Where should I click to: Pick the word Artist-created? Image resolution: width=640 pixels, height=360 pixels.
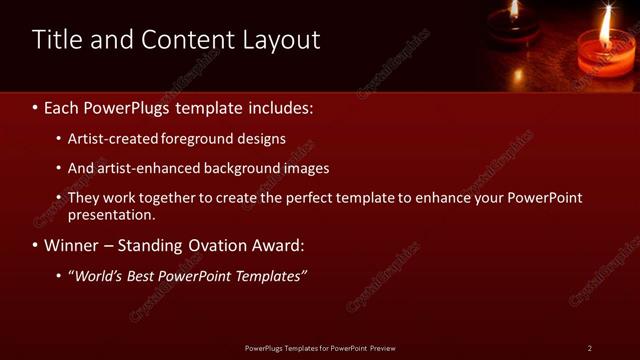pos(111,139)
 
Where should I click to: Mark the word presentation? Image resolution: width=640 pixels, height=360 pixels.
pos(111,214)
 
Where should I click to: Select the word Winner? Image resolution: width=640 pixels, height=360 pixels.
pos(72,245)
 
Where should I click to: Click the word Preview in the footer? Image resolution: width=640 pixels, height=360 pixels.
pos(382,348)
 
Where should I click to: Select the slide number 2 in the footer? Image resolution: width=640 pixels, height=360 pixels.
pos(589,348)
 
